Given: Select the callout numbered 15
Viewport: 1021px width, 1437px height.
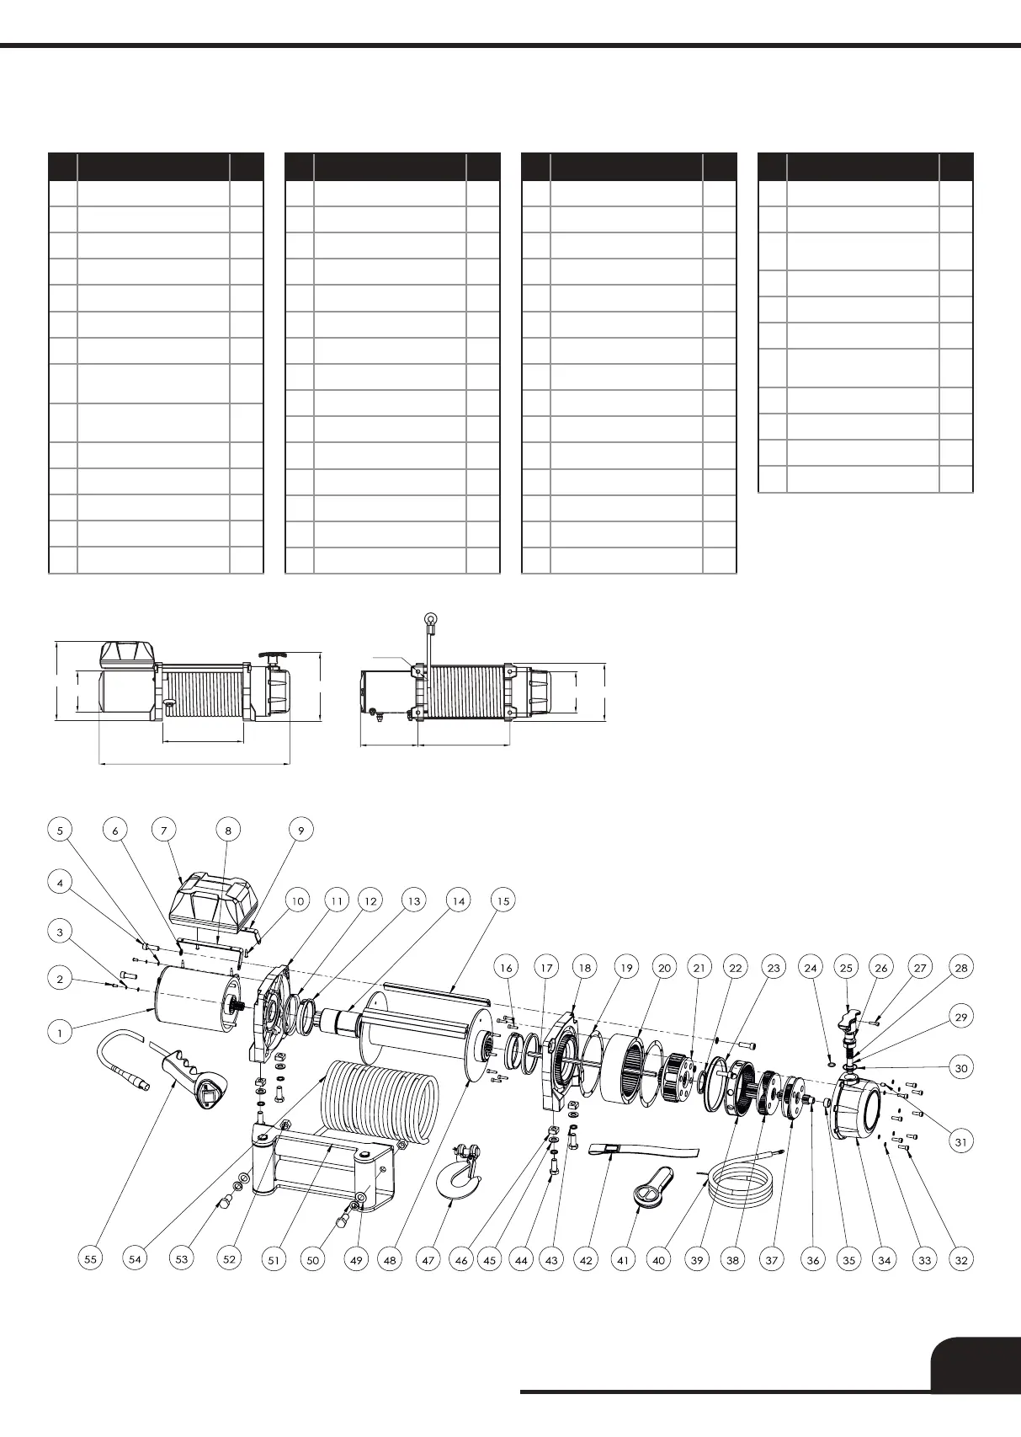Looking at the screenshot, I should click(503, 901).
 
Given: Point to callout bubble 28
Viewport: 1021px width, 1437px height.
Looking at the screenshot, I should click(961, 969).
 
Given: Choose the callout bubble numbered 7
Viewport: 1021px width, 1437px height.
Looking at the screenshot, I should click(164, 830).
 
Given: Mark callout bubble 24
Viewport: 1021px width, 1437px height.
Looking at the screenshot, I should click(811, 969).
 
